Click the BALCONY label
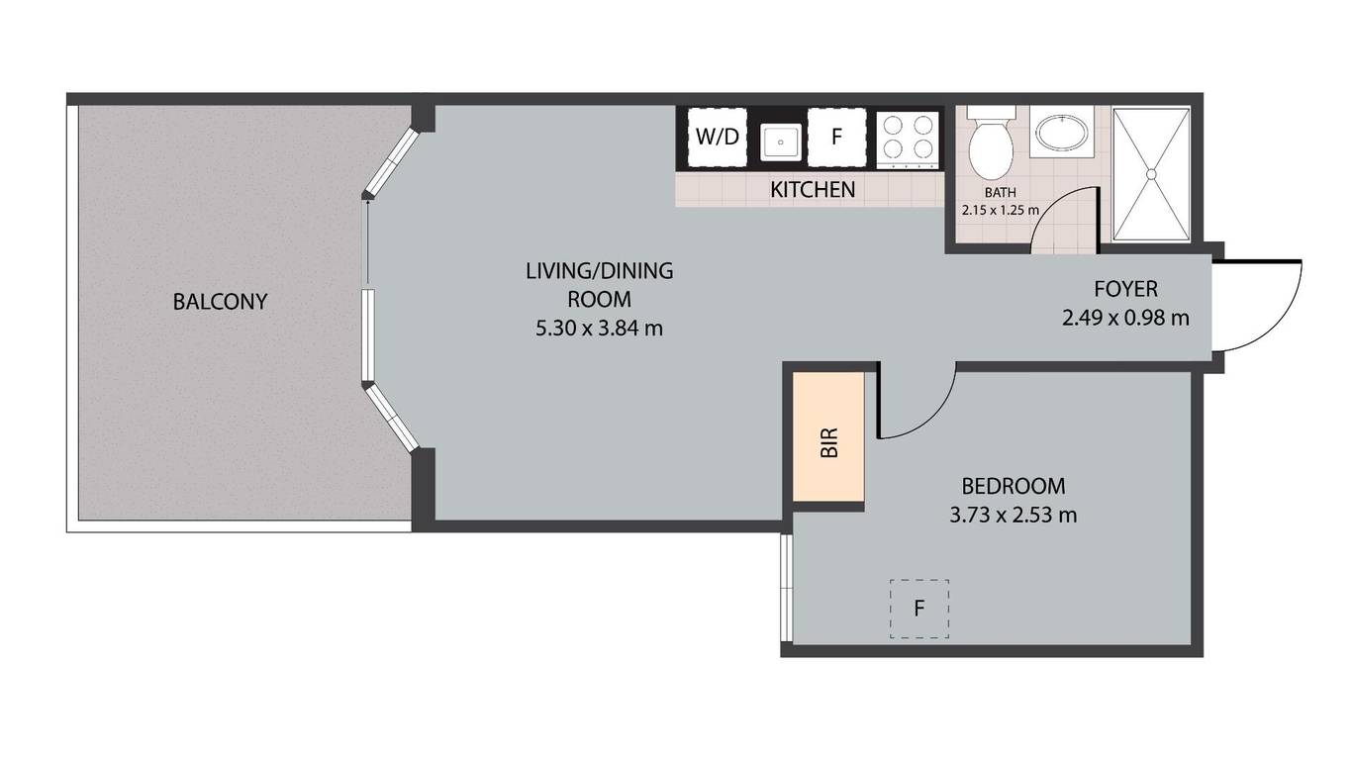pos(220,302)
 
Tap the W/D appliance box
pos(717,137)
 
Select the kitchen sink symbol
pos(780,142)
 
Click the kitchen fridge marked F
pos(836,137)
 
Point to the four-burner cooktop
pos(909,141)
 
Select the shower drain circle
pos(1151,174)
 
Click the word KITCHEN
pos(813,190)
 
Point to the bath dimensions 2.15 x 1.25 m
pos(1001,210)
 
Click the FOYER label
pos(1125,289)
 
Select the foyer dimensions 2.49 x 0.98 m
pos(1125,318)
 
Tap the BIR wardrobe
pos(828,436)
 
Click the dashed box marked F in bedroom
pos(919,609)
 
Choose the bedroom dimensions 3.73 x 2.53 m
pos(1014,516)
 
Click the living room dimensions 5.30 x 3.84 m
pos(600,329)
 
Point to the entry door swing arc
pos(1283,323)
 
